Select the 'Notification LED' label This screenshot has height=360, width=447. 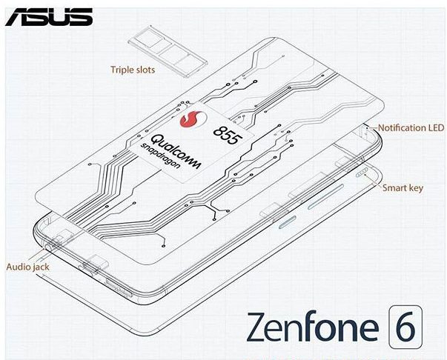click(x=412, y=127)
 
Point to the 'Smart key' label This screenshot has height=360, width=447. click(x=403, y=188)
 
